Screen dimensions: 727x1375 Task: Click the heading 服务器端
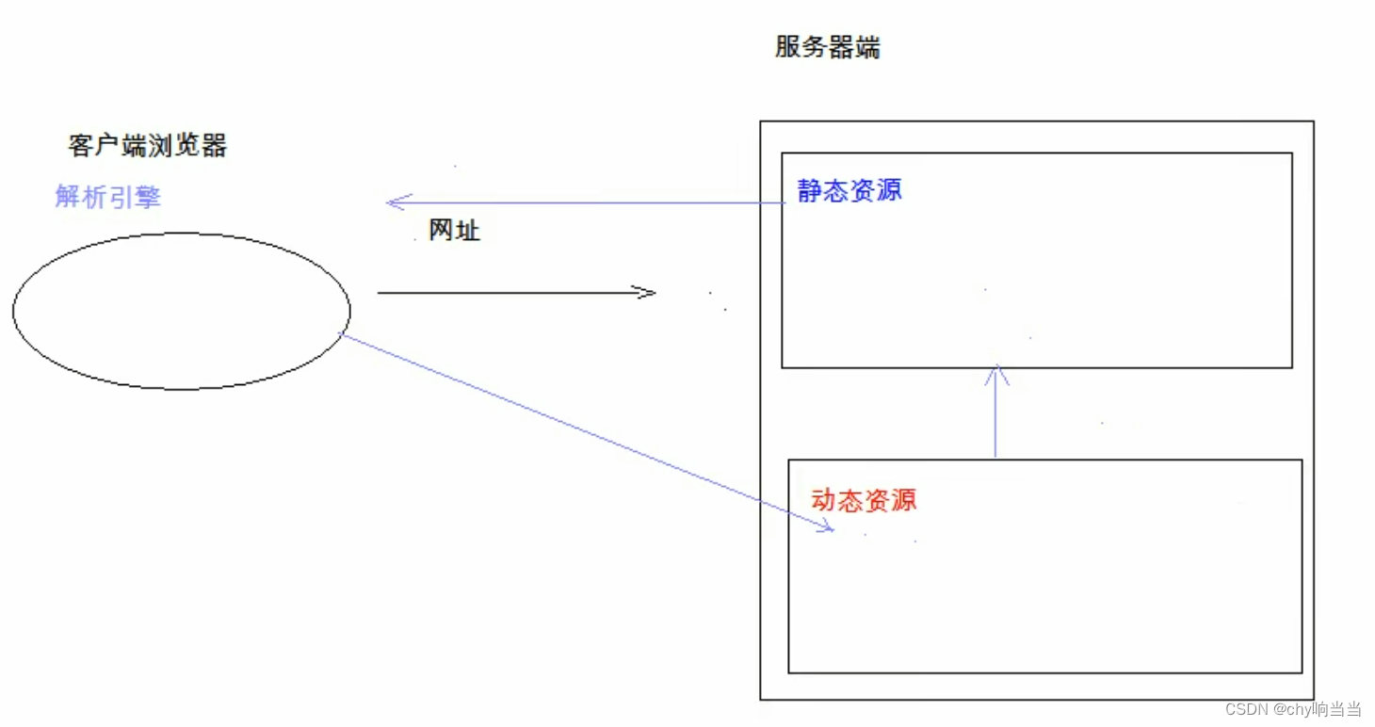pos(827,47)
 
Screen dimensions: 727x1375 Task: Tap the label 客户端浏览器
pos(148,146)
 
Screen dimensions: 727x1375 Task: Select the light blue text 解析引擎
pos(108,197)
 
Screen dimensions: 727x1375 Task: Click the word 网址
pos(455,229)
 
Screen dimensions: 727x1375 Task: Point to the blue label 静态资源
pos(849,190)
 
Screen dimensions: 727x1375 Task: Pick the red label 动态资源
pos(864,499)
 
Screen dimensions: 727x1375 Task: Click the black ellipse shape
pos(182,311)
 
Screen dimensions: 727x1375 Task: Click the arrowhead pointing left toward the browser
pos(393,202)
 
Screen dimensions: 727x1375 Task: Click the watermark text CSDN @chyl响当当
pos(1294,708)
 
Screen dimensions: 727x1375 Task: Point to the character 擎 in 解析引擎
pos(148,197)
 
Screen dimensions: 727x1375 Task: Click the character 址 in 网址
pos(468,229)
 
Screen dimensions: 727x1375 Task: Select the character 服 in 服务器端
pos(787,47)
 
